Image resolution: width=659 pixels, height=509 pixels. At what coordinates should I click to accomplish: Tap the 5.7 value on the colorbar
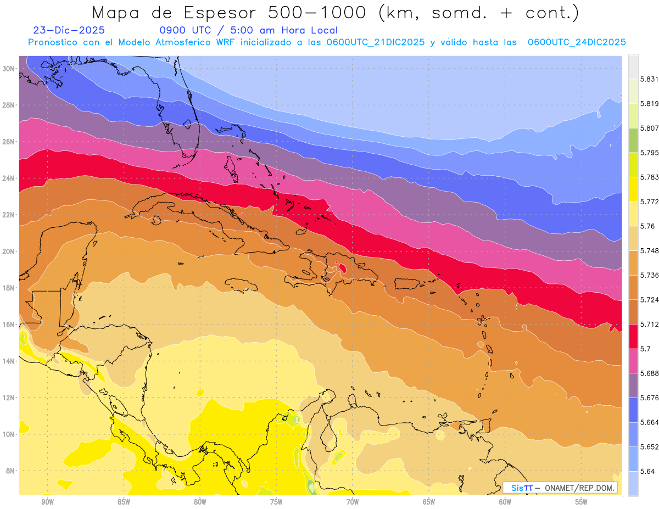(x=645, y=349)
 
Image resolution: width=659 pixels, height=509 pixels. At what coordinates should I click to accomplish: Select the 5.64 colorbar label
(x=647, y=471)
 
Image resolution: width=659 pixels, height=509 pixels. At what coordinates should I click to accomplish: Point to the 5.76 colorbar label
(x=647, y=226)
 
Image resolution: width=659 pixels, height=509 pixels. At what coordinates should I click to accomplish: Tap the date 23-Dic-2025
(x=69, y=31)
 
